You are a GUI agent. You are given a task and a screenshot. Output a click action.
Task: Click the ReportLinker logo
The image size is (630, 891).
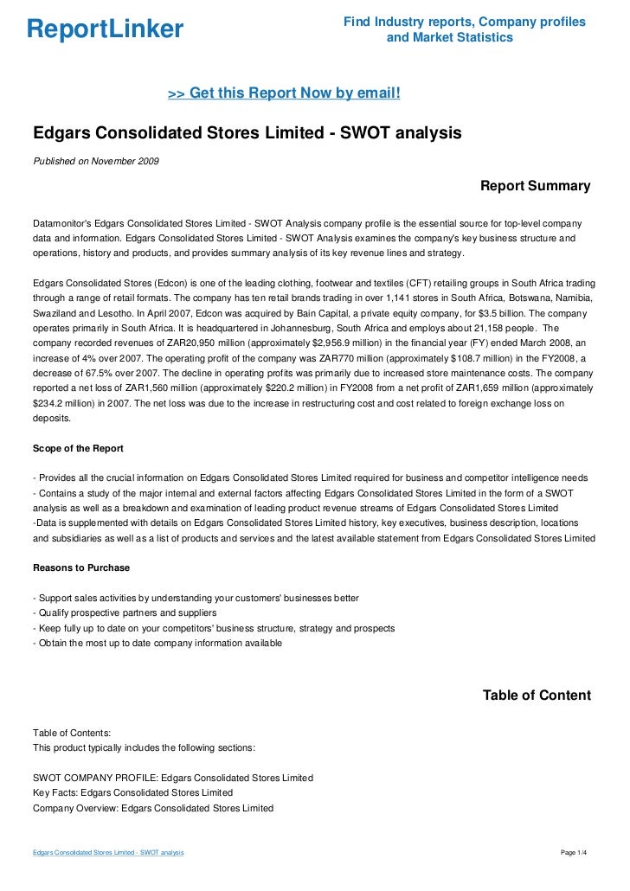coord(105,29)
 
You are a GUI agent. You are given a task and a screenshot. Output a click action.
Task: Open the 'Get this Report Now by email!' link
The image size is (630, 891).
coord(283,93)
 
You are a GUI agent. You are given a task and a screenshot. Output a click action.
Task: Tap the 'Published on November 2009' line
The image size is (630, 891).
coord(95,161)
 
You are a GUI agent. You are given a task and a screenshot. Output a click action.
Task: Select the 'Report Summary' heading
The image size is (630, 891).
coord(535,186)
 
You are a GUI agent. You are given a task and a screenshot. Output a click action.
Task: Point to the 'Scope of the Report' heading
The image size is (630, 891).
coord(78,448)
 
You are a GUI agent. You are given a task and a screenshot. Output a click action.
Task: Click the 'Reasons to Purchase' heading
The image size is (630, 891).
coord(80,567)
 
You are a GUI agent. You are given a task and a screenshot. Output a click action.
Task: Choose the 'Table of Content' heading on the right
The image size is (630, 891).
coord(537,695)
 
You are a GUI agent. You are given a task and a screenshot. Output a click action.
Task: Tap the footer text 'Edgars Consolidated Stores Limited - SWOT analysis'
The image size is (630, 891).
coord(108,853)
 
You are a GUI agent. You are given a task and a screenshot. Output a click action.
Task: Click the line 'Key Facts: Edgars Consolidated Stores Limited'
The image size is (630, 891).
coord(132,792)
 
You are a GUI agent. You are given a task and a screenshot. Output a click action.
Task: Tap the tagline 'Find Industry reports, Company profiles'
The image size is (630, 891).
coord(465,21)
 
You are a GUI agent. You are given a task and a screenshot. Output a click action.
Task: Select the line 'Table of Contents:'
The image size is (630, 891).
coord(72,732)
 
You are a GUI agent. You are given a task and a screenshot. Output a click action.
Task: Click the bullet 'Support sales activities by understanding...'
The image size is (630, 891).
coord(195,598)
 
